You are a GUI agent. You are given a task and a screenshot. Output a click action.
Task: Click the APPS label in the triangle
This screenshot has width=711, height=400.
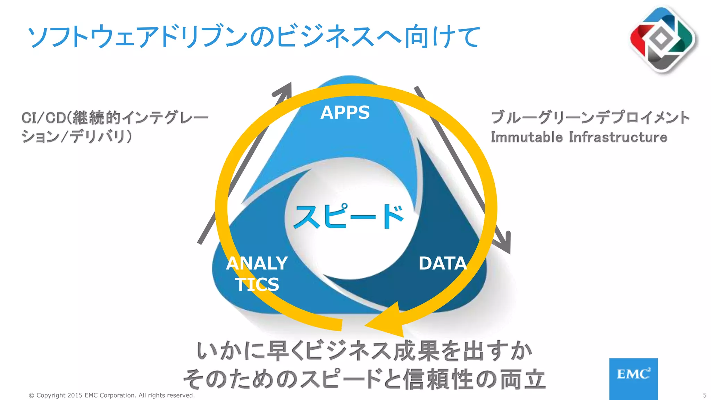pos(345,112)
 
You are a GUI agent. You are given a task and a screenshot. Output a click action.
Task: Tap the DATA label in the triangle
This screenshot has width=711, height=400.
pos(443,263)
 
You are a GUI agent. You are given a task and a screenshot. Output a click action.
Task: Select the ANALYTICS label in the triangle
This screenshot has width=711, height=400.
pos(257,274)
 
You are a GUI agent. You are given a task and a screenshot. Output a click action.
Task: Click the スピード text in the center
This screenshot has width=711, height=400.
pos(349,217)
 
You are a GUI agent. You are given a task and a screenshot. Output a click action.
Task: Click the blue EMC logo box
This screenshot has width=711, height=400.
pos(633,378)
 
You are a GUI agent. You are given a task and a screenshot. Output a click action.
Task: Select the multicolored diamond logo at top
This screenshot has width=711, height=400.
pos(662,39)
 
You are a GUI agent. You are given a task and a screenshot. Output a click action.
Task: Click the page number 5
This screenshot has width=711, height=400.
pos(704,395)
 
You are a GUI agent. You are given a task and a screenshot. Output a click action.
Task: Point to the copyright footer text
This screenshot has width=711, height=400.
pos(111,395)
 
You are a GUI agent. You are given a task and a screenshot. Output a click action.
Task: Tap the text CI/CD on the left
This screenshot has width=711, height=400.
pos(43,118)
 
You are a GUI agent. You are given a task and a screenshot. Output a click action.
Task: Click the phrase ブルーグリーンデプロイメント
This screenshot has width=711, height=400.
pos(590,117)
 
